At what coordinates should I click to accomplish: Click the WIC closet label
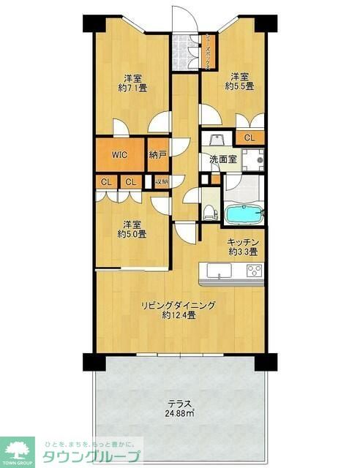(119, 154)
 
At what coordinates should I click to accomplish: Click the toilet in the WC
(211, 212)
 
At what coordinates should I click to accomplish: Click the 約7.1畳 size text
(132, 86)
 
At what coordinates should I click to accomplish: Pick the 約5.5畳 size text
(239, 86)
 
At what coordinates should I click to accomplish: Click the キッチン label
(242, 242)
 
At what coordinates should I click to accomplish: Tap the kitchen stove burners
(254, 271)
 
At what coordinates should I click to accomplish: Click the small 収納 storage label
(161, 181)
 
